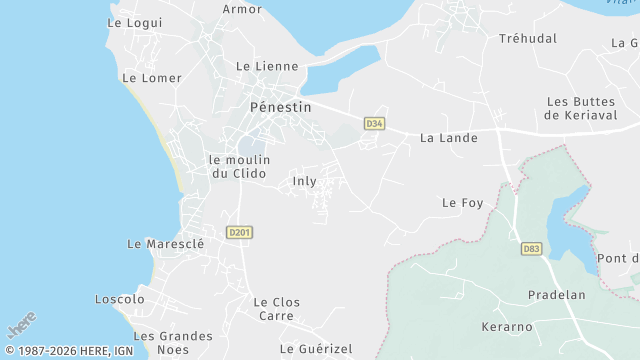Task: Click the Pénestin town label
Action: [280, 107]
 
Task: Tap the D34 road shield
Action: [374, 123]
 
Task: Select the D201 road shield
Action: [239, 232]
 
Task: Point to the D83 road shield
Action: [531, 248]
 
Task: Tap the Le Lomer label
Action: [152, 78]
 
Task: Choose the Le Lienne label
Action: [267, 66]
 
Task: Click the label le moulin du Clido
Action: [238, 166]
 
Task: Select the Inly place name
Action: [304, 181]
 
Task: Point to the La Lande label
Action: [449, 138]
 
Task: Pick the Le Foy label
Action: [462, 203]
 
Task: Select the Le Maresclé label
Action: [166, 243]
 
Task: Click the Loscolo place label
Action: [119, 299]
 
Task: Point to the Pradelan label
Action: [555, 295]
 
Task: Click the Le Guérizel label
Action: [316, 349]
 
